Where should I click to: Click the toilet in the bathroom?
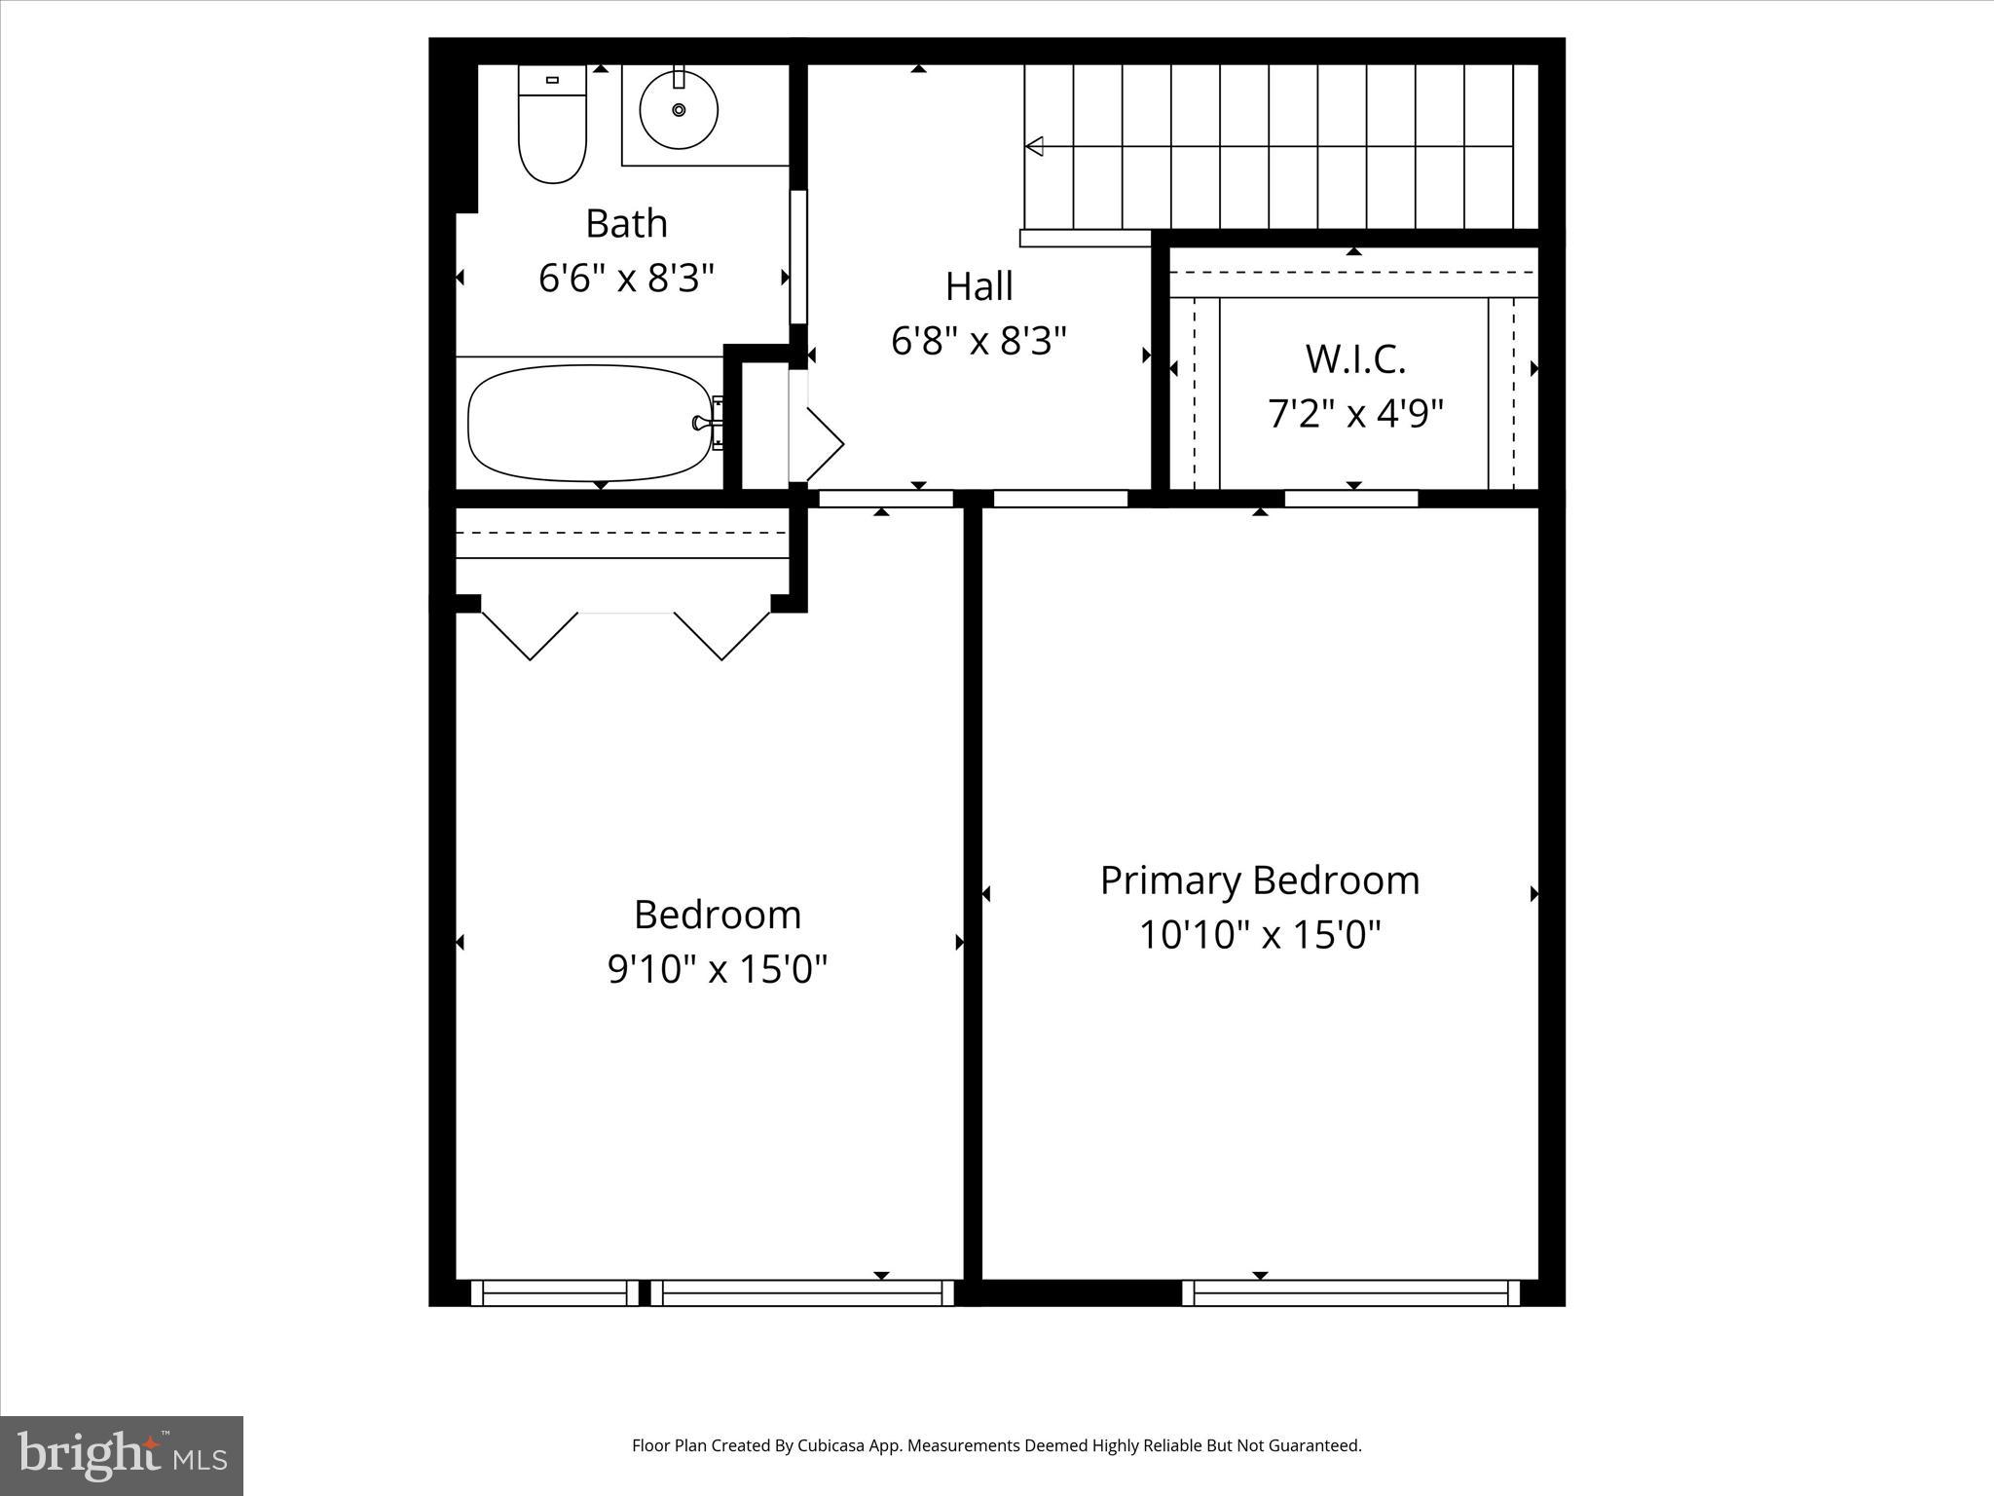[552, 127]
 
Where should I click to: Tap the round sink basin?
[679, 110]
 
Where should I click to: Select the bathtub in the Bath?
[590, 423]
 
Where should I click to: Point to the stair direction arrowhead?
[1034, 146]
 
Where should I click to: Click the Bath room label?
[626, 224]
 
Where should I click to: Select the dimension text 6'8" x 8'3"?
[979, 341]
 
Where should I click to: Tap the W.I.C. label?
[1354, 358]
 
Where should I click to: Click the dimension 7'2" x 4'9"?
[1354, 414]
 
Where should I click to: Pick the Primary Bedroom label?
[1259, 880]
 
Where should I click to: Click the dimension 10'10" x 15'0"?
[1259, 936]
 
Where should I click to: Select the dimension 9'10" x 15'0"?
[718, 970]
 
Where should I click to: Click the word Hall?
[979, 286]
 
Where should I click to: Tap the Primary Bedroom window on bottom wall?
[1350, 1293]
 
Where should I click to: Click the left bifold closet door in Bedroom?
[530, 637]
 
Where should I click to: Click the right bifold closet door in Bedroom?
[722, 637]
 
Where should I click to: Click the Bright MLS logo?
[122, 1455]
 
